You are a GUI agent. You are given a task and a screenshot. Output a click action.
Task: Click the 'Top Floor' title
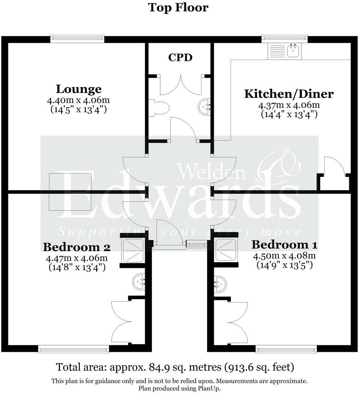coord(178,7)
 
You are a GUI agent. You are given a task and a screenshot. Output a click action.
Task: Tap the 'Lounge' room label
coord(78,89)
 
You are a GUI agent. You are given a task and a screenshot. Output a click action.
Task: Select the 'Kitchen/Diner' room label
coord(289,93)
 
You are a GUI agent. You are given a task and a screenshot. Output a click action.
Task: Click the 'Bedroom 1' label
coord(284,245)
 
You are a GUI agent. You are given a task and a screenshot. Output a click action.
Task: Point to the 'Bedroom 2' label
coord(76,247)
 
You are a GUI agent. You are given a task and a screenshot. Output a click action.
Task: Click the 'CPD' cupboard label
coord(180,57)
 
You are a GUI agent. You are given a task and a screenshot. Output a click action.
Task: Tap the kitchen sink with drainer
coord(284,51)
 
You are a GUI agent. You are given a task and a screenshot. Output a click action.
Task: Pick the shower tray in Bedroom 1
coord(226,250)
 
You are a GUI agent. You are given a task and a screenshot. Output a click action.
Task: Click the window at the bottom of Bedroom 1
coord(286,349)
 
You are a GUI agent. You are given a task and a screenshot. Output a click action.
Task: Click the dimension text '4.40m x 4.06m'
coord(78,101)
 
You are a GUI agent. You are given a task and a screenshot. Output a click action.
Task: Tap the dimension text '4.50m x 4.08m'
coord(284,256)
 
